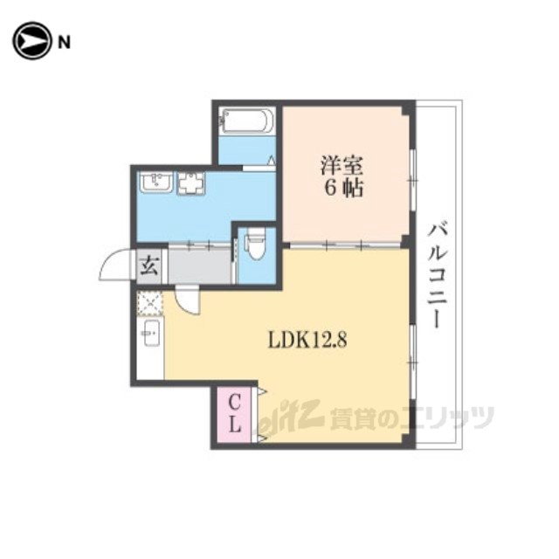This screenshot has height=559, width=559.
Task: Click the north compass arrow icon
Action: [31, 41]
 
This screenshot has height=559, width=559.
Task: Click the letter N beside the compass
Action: [64, 43]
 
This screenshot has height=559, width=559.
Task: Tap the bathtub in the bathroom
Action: [246, 121]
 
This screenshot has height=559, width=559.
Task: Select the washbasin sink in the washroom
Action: [156, 183]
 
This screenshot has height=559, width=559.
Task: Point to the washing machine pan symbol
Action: [192, 183]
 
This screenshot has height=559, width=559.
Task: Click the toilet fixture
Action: [256, 244]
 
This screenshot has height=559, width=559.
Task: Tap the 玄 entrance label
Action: [148, 266]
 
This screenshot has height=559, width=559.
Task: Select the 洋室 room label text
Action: [342, 165]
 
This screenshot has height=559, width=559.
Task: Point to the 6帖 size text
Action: [343, 188]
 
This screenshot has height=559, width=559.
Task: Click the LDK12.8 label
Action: [307, 340]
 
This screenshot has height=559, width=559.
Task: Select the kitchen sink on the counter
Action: [151, 333]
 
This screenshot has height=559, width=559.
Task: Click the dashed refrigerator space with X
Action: [150, 303]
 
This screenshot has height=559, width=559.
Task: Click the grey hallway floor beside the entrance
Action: [199, 266]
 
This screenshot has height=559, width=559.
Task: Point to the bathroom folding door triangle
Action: [272, 160]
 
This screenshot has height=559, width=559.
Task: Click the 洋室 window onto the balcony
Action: [413, 181]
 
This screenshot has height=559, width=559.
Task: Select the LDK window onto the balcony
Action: [413, 362]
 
